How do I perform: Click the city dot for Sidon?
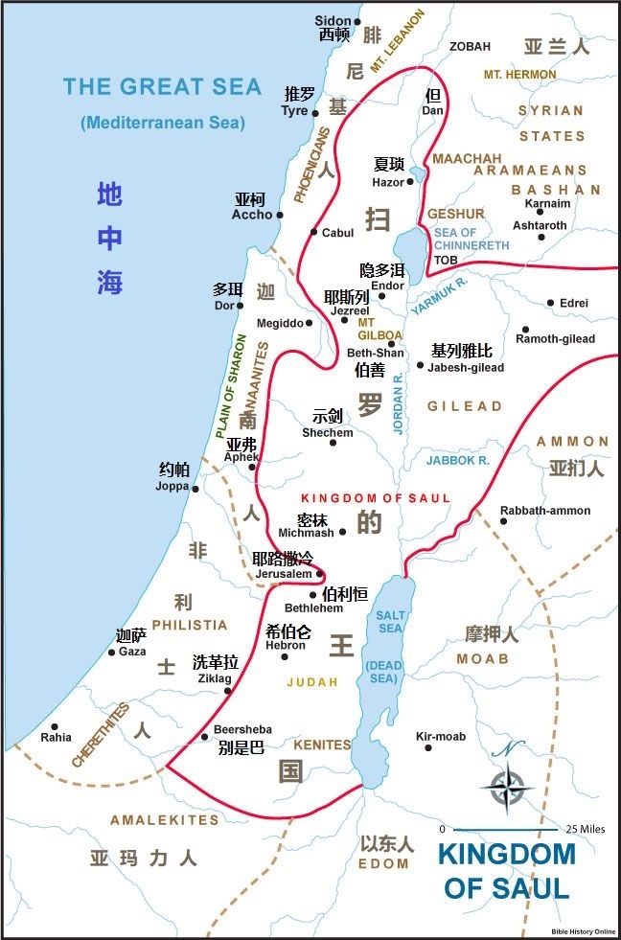[357, 21]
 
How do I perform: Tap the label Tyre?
[294, 111]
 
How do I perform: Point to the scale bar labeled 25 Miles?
[506, 829]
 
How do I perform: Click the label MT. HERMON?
[519, 74]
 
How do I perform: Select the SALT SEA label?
[390, 621]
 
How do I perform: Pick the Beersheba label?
[242, 729]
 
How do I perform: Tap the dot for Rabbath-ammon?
[503, 522]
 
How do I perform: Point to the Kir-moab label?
[440, 736]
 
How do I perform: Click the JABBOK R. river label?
[458, 461]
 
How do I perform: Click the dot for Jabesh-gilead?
[420, 365]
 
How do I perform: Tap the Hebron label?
[285, 645]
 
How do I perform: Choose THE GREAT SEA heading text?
[162, 87]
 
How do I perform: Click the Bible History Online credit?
[584, 931]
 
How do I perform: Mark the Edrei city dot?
[550, 303]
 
